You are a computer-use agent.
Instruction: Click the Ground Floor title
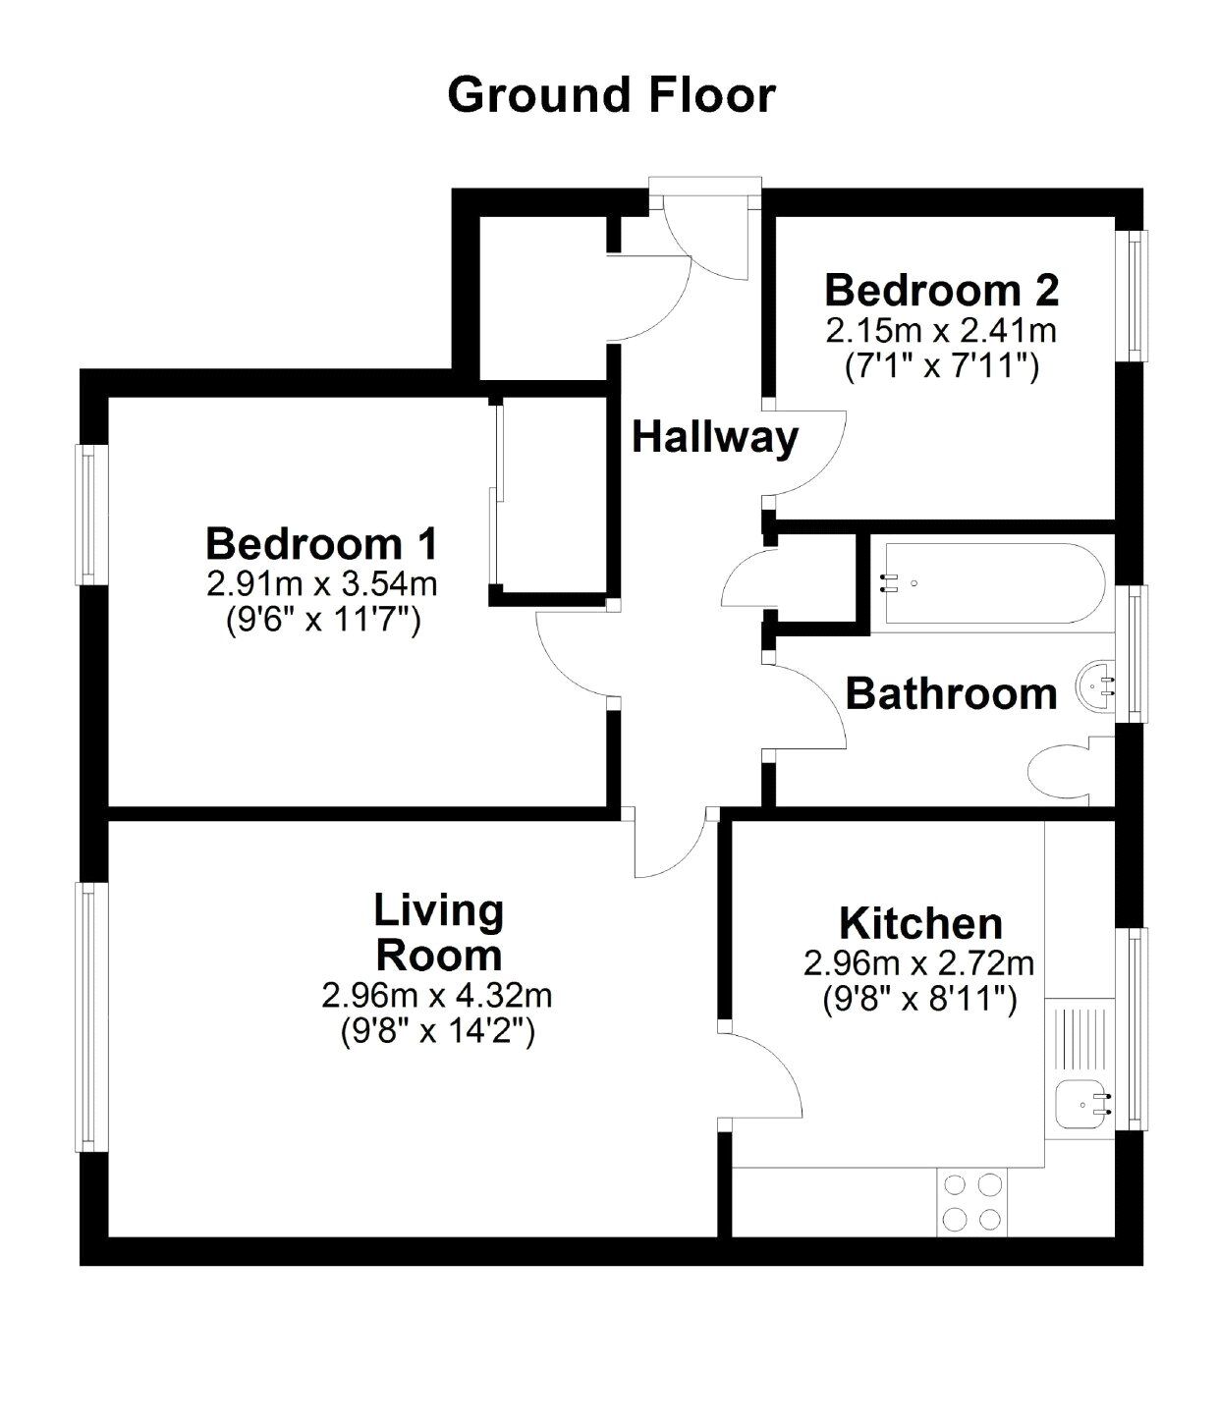click(x=611, y=95)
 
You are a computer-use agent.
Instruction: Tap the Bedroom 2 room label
click(x=941, y=291)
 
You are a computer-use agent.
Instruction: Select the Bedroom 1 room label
click(x=321, y=543)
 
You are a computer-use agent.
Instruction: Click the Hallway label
click(x=714, y=437)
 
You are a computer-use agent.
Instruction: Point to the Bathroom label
click(x=951, y=694)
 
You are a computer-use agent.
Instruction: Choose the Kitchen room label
click(x=920, y=924)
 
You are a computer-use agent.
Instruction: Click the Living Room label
click(x=438, y=933)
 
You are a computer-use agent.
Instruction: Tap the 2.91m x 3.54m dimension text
click(x=321, y=584)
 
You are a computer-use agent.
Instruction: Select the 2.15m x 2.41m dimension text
click(x=941, y=330)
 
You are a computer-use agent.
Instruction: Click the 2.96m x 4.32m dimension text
click(x=437, y=996)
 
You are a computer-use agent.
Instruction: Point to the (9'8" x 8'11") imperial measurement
click(x=919, y=1000)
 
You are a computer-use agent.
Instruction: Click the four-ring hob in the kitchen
click(x=972, y=1202)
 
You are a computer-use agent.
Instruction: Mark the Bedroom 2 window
click(x=1135, y=295)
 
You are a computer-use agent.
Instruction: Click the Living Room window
click(x=88, y=1016)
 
